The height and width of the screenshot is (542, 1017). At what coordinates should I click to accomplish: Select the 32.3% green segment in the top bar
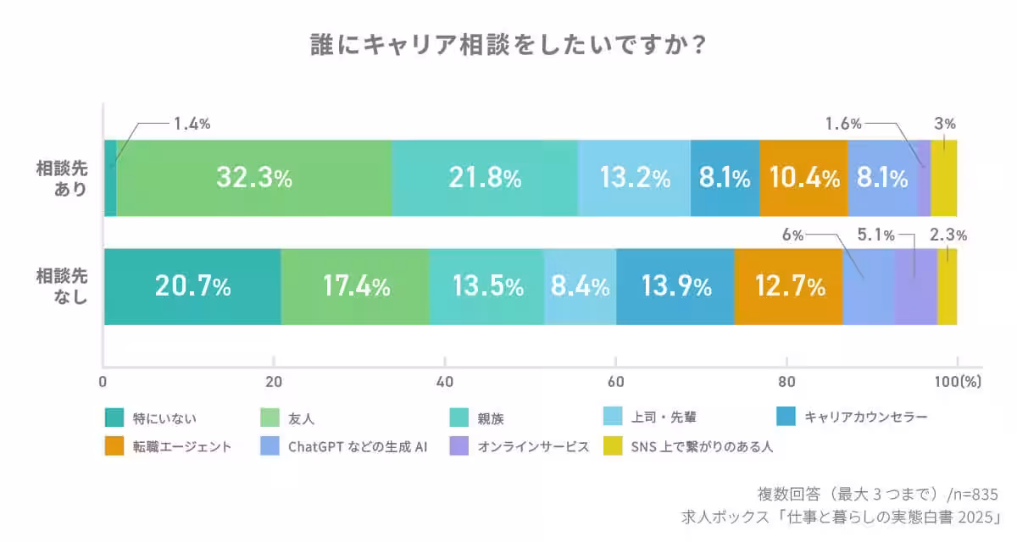coord(253,178)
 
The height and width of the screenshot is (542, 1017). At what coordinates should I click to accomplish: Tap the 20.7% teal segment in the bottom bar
coord(192,287)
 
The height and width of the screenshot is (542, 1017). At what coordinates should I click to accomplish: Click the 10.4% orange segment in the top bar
coord(803,178)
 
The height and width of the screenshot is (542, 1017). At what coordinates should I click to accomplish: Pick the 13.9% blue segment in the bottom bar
coord(675,287)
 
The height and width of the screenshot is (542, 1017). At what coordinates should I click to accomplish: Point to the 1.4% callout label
coord(192,124)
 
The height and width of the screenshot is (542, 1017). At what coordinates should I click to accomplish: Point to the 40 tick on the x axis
coord(444,381)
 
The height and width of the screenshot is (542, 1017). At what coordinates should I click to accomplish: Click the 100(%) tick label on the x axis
coord(957,381)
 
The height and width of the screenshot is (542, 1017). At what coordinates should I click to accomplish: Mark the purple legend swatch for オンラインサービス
coord(458,445)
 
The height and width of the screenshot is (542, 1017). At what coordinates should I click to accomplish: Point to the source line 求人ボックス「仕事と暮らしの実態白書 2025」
coord(842,517)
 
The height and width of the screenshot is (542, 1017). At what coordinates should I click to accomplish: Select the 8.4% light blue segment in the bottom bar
coord(580,287)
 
